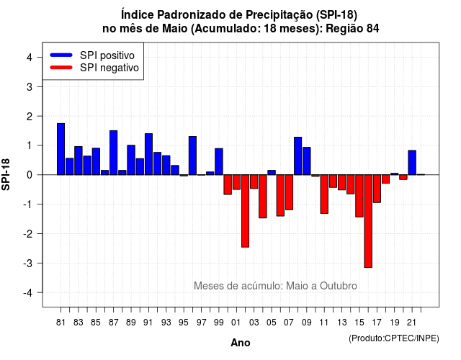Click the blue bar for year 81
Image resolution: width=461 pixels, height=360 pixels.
(x=61, y=149)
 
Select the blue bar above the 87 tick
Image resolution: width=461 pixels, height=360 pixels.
(x=114, y=153)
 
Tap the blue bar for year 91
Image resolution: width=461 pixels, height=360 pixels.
(x=149, y=154)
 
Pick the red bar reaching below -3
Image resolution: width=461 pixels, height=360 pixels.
(x=368, y=221)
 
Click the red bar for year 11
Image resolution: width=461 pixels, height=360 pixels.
(x=324, y=194)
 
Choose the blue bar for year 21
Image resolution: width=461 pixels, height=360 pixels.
(x=412, y=163)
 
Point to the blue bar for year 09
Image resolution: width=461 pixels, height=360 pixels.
(x=307, y=161)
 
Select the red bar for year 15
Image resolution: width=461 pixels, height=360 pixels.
(x=359, y=196)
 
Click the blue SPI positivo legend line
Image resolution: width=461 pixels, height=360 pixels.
(x=61, y=55)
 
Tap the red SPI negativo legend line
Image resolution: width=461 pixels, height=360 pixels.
(x=61, y=68)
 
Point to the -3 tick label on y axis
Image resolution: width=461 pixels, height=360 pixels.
(x=28, y=264)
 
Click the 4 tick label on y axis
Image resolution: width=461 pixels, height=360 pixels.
(x=30, y=58)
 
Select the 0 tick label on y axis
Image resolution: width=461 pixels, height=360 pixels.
(x=30, y=175)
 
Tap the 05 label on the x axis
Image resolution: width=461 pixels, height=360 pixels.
(x=272, y=323)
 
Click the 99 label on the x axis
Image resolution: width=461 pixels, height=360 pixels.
(x=219, y=323)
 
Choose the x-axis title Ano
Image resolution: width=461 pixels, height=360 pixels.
(x=241, y=343)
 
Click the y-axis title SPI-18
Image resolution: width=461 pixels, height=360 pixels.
(x=6, y=174)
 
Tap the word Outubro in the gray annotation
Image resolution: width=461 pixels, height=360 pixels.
(x=339, y=286)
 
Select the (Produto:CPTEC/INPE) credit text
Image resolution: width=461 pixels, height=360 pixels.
(x=394, y=338)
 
